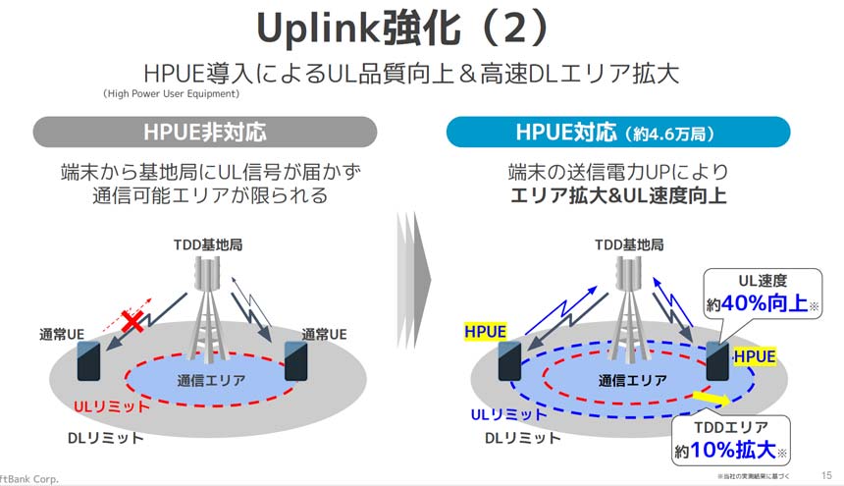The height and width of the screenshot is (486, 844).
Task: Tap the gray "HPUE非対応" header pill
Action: (x=204, y=132)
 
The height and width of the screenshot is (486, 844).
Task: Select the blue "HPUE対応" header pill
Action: (x=617, y=132)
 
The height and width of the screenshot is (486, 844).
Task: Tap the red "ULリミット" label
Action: (x=111, y=405)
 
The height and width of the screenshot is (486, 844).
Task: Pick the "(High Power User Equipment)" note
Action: (x=171, y=94)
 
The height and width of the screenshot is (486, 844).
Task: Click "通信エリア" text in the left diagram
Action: (x=210, y=381)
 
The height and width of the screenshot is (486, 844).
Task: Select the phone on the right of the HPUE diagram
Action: (x=715, y=360)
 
